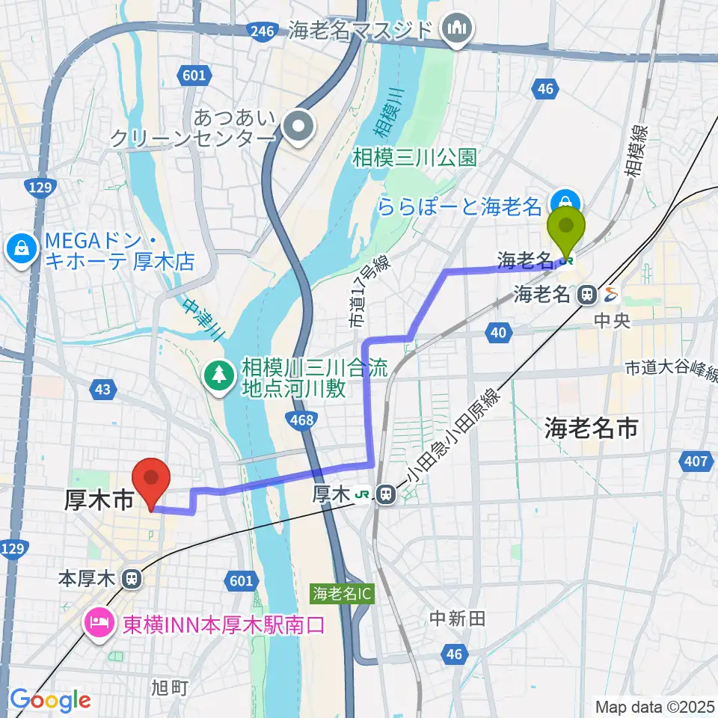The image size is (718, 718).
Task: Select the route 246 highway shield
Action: [x=263, y=30]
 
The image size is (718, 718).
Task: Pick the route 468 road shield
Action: [x=301, y=421]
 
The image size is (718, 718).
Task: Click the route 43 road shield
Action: [x=102, y=389]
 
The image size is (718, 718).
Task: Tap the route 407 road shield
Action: [x=696, y=461]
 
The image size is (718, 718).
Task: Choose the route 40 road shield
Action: [x=498, y=332]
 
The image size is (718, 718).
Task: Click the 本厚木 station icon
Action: [x=131, y=578]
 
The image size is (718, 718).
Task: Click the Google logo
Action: [x=51, y=700]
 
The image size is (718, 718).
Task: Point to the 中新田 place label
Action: [x=458, y=618]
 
